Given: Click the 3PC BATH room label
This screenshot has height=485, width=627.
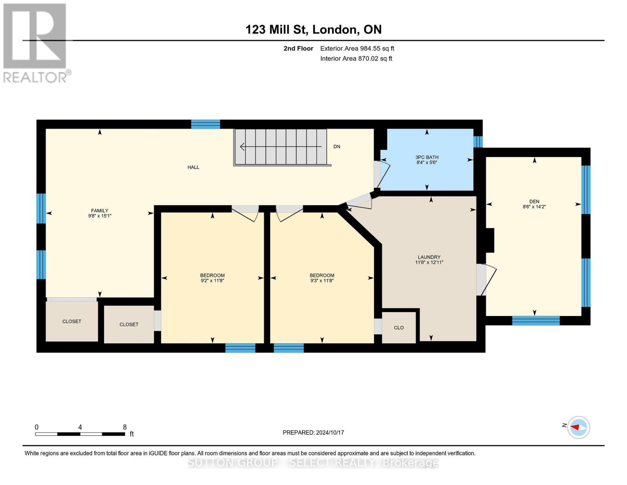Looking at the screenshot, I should [427, 157].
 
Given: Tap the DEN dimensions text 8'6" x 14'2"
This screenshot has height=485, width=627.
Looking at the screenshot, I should [534, 207].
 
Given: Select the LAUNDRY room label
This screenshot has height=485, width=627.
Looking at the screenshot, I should [429, 257].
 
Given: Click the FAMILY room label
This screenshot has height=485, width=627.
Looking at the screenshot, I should [99, 211].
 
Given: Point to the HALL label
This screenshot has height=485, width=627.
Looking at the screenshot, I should [193, 167].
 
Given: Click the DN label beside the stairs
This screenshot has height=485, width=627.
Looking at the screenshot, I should [337, 147].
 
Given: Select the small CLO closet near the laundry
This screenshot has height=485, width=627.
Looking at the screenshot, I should [398, 328].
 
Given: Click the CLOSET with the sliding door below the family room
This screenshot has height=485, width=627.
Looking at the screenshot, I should [72, 322].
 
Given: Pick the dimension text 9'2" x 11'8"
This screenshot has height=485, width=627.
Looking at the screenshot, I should [212, 281].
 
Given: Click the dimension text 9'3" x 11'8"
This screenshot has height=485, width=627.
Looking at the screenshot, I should [322, 281].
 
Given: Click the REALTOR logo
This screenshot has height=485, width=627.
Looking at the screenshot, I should [36, 42].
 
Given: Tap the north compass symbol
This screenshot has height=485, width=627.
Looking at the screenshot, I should [579, 427].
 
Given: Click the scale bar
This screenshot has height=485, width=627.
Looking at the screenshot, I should [80, 434].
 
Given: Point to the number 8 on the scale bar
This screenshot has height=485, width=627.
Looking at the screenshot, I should [125, 427].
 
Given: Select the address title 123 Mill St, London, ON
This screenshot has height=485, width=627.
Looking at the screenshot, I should [313, 30].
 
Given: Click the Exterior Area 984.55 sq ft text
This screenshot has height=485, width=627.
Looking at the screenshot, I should [357, 48].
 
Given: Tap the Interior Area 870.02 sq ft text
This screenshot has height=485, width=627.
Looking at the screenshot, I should [356, 59].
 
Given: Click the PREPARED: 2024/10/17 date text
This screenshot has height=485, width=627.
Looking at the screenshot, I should [313, 432].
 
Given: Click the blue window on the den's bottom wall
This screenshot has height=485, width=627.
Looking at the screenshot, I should [536, 321].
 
